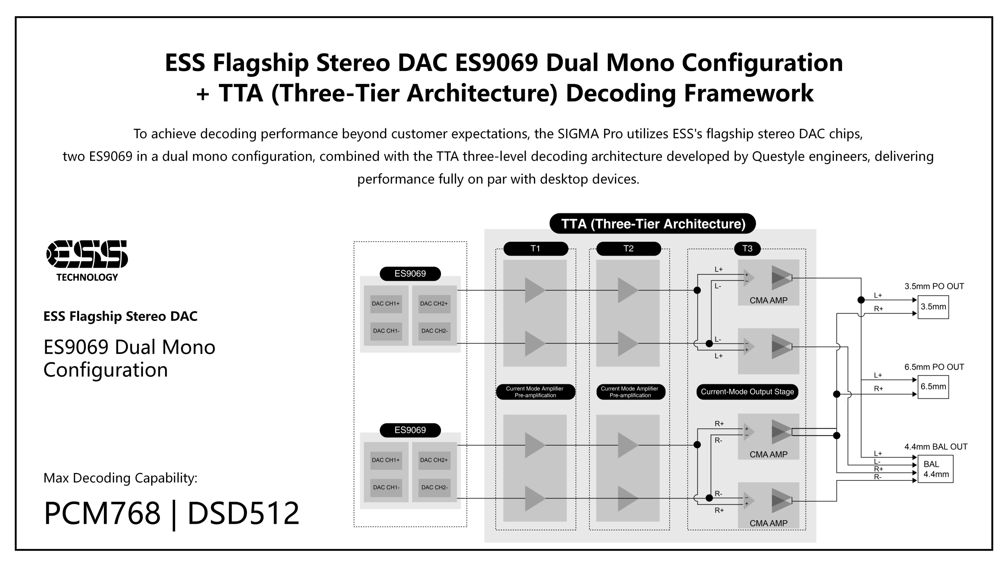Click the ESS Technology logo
tap(87, 260)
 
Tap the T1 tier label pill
tap(535, 248)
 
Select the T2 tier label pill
tap(628, 248)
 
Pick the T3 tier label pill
tap(747, 248)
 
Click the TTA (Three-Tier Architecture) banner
tap(653, 224)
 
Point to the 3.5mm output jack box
tap(933, 307)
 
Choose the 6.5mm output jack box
tap(933, 387)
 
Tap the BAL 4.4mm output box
tap(936, 469)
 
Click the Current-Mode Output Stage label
tap(747, 392)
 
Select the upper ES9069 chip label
tap(410, 274)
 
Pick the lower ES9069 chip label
tap(410, 430)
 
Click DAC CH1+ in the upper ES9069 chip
tap(386, 304)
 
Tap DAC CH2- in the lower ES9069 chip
tap(434, 487)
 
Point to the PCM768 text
tap(102, 513)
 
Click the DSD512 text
tap(243, 513)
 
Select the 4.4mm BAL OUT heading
tap(936, 447)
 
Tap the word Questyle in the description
tap(776, 156)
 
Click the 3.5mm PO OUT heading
tap(934, 286)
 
